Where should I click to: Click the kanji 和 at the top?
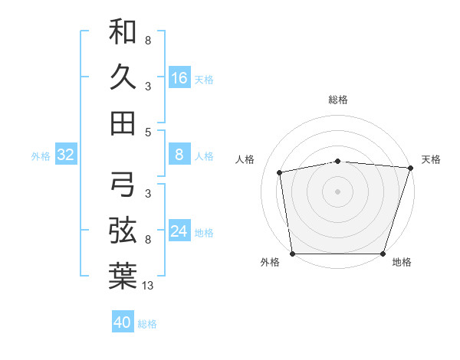tap(123, 33)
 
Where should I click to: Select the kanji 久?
tap(123, 77)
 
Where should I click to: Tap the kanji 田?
tap(123, 122)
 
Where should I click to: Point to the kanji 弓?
tap(123, 184)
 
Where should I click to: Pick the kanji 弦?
tap(123, 229)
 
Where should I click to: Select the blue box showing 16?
tap(179, 77)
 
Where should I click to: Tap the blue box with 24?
tap(179, 231)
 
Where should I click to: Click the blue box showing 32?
tap(66, 155)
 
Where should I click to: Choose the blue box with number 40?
tap(123, 322)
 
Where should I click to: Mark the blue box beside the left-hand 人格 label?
tap(179, 155)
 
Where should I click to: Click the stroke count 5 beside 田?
tap(147, 132)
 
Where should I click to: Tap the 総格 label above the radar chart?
tap(337, 100)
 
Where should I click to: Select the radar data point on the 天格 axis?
tap(410, 168)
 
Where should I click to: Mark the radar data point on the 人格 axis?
tap(280, 172)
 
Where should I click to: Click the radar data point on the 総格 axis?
tap(337, 161)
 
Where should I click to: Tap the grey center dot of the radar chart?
tap(337, 191)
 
